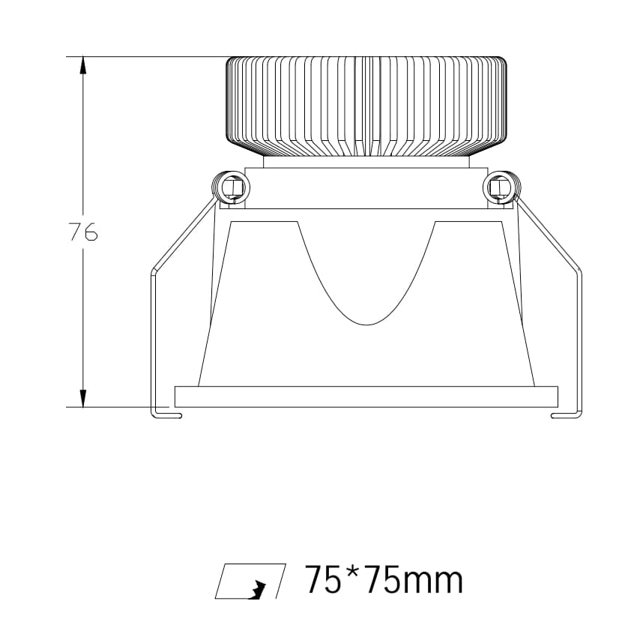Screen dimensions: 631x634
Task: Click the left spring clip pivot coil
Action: coord(229,187)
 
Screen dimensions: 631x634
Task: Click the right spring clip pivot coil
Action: coord(501,187)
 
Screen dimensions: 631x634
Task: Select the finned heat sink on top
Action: coord(366,106)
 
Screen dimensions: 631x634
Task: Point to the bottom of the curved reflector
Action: coord(366,322)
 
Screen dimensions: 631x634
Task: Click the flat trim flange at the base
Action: coord(366,396)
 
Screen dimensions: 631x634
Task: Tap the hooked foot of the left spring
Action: coord(166,415)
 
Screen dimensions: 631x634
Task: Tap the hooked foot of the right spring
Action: coord(566,415)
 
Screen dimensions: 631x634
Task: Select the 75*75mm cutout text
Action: coord(383,581)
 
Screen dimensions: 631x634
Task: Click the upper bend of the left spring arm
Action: coord(154,270)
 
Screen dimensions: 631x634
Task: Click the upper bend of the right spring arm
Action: coord(579,270)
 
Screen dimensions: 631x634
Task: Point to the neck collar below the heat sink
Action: coord(366,161)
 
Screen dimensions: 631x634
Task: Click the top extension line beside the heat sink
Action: coord(150,56)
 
